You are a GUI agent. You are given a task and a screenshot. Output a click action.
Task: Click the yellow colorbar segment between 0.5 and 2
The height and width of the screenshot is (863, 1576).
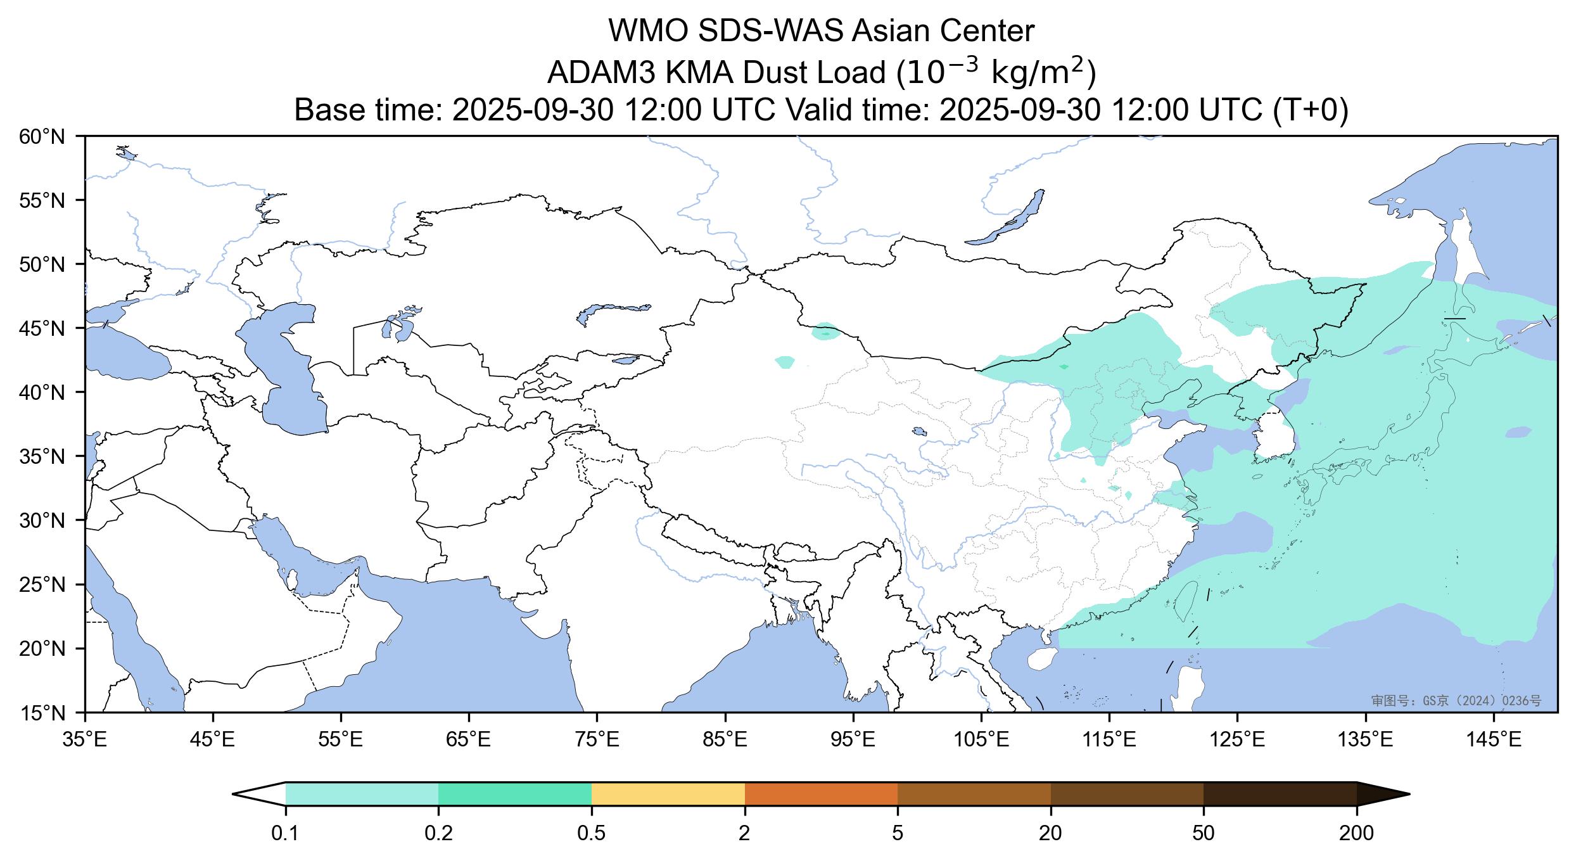[x=668, y=794]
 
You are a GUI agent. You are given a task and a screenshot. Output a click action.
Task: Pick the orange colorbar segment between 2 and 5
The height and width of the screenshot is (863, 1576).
[x=821, y=794]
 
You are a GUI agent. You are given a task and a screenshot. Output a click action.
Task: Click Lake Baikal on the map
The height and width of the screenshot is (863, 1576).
[x=1007, y=218]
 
